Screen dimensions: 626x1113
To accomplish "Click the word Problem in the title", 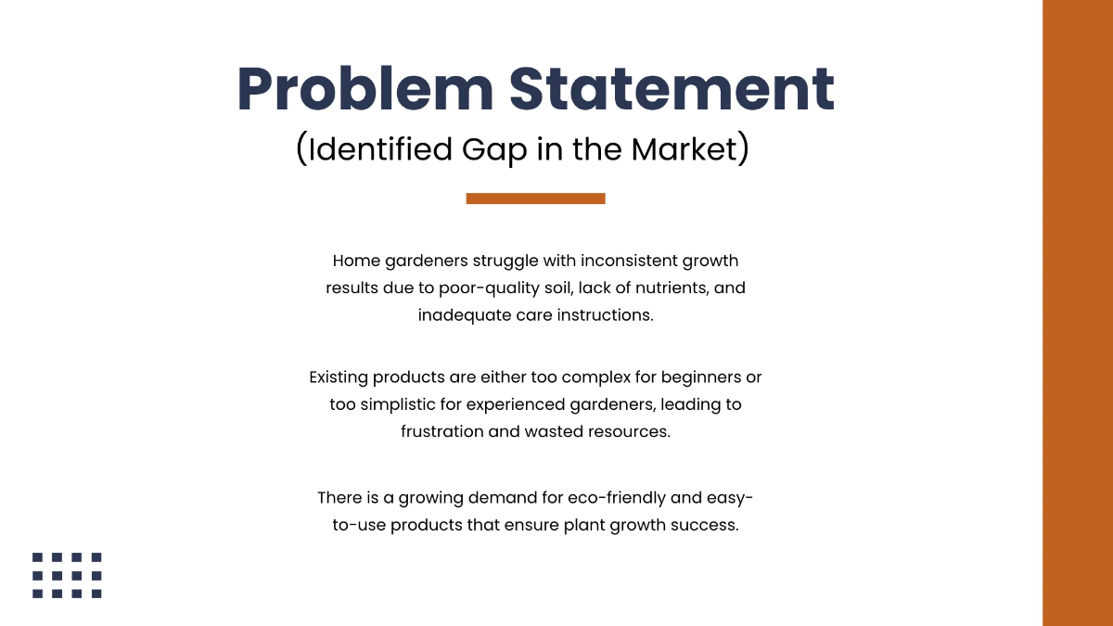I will tap(364, 90).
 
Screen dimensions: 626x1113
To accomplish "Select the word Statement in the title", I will tap(672, 90).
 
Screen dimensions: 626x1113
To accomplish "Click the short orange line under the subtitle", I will tap(535, 198).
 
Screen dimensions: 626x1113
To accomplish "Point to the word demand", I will tap(512, 498).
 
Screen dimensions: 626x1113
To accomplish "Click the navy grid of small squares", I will tap(67, 575).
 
